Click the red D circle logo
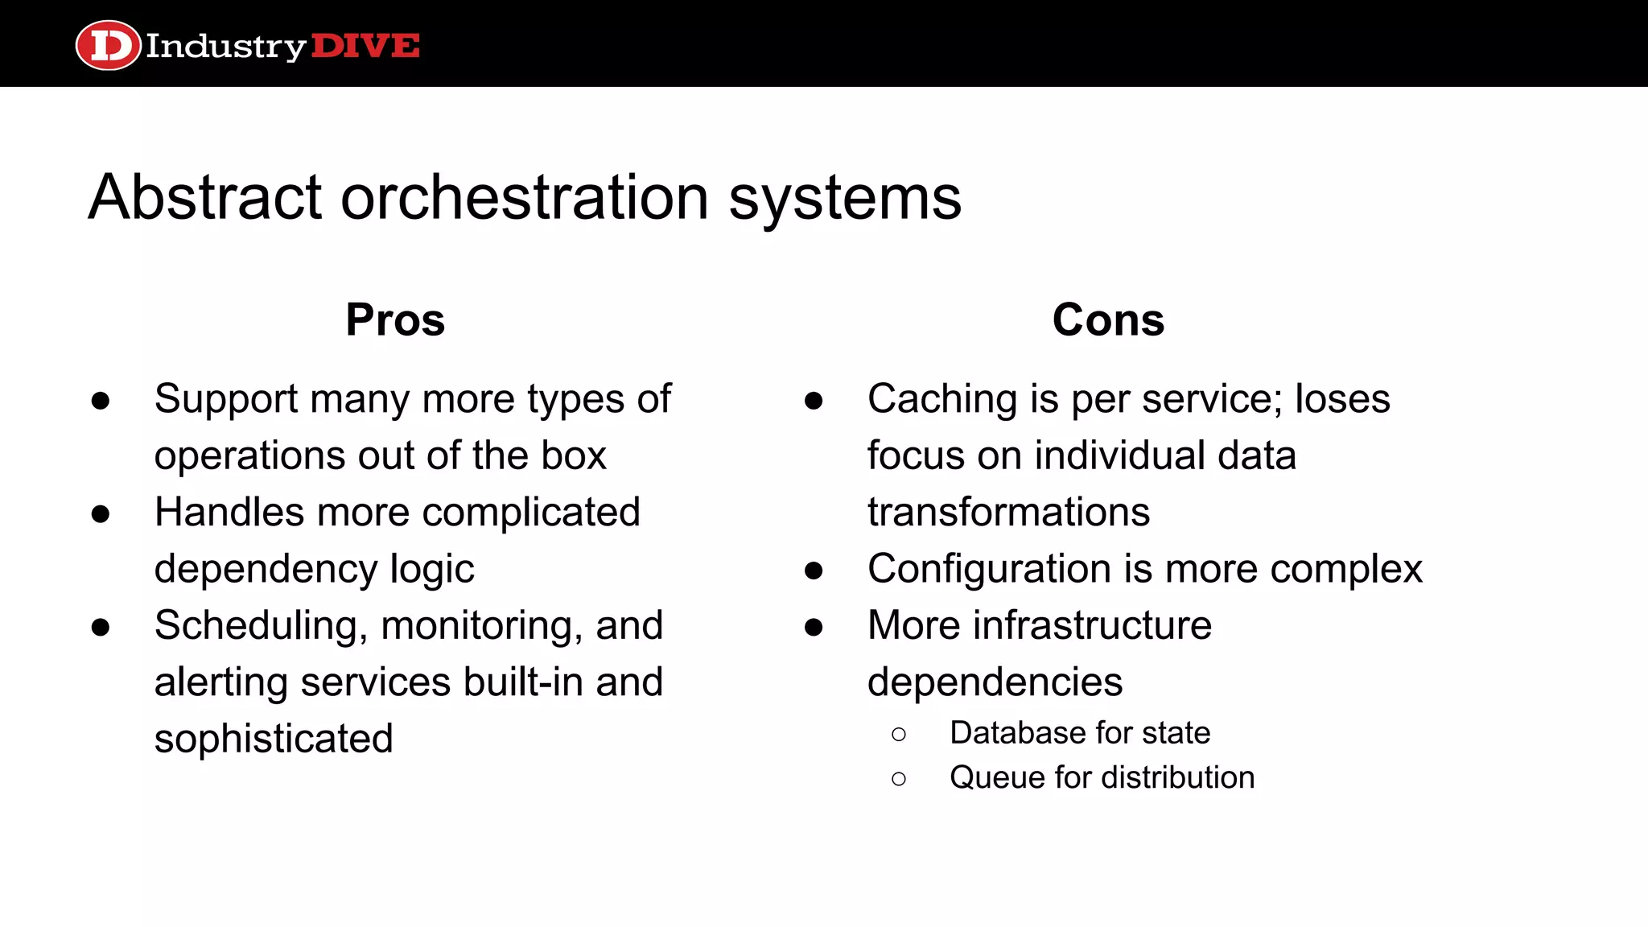(108, 45)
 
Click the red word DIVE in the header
(365, 46)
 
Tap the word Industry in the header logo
(225, 47)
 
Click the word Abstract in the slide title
(205, 197)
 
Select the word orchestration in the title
(525, 197)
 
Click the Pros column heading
(395, 319)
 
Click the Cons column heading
(1108, 319)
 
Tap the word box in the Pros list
(574, 455)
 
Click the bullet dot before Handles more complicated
(101, 513)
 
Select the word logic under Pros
(432, 570)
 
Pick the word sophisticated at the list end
(274, 739)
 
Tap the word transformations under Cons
(1008, 513)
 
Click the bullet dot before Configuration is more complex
(814, 571)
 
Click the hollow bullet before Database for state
(899, 734)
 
